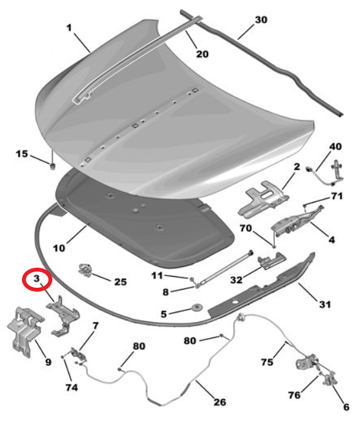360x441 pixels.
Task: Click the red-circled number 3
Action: tap(37, 279)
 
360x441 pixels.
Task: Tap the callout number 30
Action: tap(261, 20)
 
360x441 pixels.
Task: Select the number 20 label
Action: tap(202, 54)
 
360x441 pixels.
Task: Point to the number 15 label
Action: tap(22, 153)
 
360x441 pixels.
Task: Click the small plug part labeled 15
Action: tap(52, 166)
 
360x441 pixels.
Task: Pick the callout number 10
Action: tap(59, 248)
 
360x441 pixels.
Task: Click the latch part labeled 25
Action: tap(85, 269)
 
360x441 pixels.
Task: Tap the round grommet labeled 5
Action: tap(196, 307)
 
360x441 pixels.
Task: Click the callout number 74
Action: tap(72, 387)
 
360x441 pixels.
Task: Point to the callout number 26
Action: tap(220, 402)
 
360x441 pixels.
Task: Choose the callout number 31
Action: tap(325, 304)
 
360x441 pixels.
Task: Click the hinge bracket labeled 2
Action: tap(263, 199)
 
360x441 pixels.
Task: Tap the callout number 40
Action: tap(335, 147)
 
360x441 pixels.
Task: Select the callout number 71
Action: tap(337, 196)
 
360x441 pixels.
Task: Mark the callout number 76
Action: tap(294, 395)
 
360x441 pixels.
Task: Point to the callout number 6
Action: tap(346, 407)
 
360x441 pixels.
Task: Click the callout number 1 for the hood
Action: tap(69, 28)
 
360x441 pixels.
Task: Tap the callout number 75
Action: tap(267, 362)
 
